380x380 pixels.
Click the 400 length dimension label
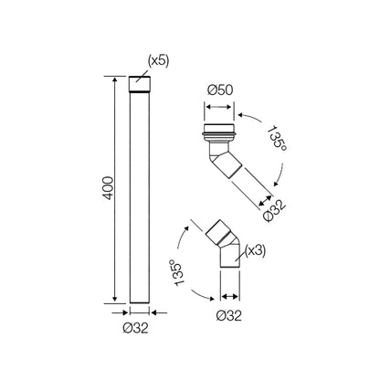(108, 188)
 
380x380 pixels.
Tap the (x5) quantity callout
(158, 61)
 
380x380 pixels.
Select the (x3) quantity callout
(256, 250)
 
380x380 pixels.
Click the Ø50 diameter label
(220, 90)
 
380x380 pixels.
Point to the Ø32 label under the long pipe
(136, 328)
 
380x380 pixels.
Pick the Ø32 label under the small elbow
(229, 316)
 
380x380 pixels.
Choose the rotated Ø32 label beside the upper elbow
(275, 210)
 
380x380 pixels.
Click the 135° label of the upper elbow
(277, 139)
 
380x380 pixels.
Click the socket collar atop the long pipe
(140, 84)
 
